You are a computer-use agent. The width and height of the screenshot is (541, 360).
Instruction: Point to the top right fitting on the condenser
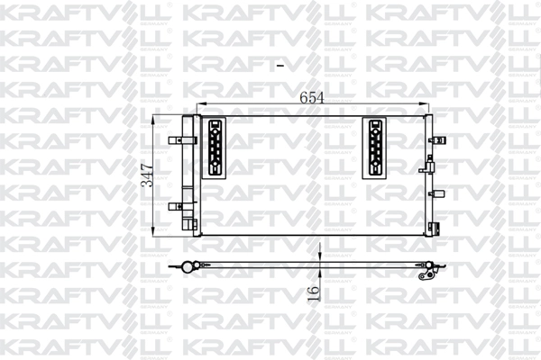[440, 139]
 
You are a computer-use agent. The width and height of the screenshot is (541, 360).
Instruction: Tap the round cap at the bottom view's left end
[188, 265]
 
